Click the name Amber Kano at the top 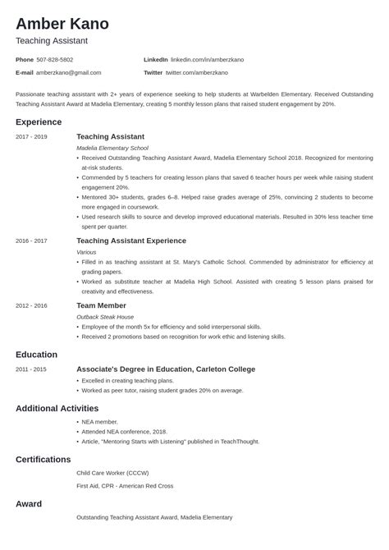pyautogui.click(x=62, y=23)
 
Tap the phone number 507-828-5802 pyautogui.click(x=55, y=60)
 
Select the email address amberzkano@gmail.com pyautogui.click(x=69, y=72)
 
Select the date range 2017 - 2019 pyautogui.click(x=31, y=136)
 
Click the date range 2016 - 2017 pyautogui.click(x=31, y=241)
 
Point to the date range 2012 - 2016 pyautogui.click(x=31, y=305)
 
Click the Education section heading pyautogui.click(x=37, y=354)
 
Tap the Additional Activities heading pyautogui.click(x=57, y=408)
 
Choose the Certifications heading pyautogui.click(x=43, y=459)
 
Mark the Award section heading pyautogui.click(x=29, y=503)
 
